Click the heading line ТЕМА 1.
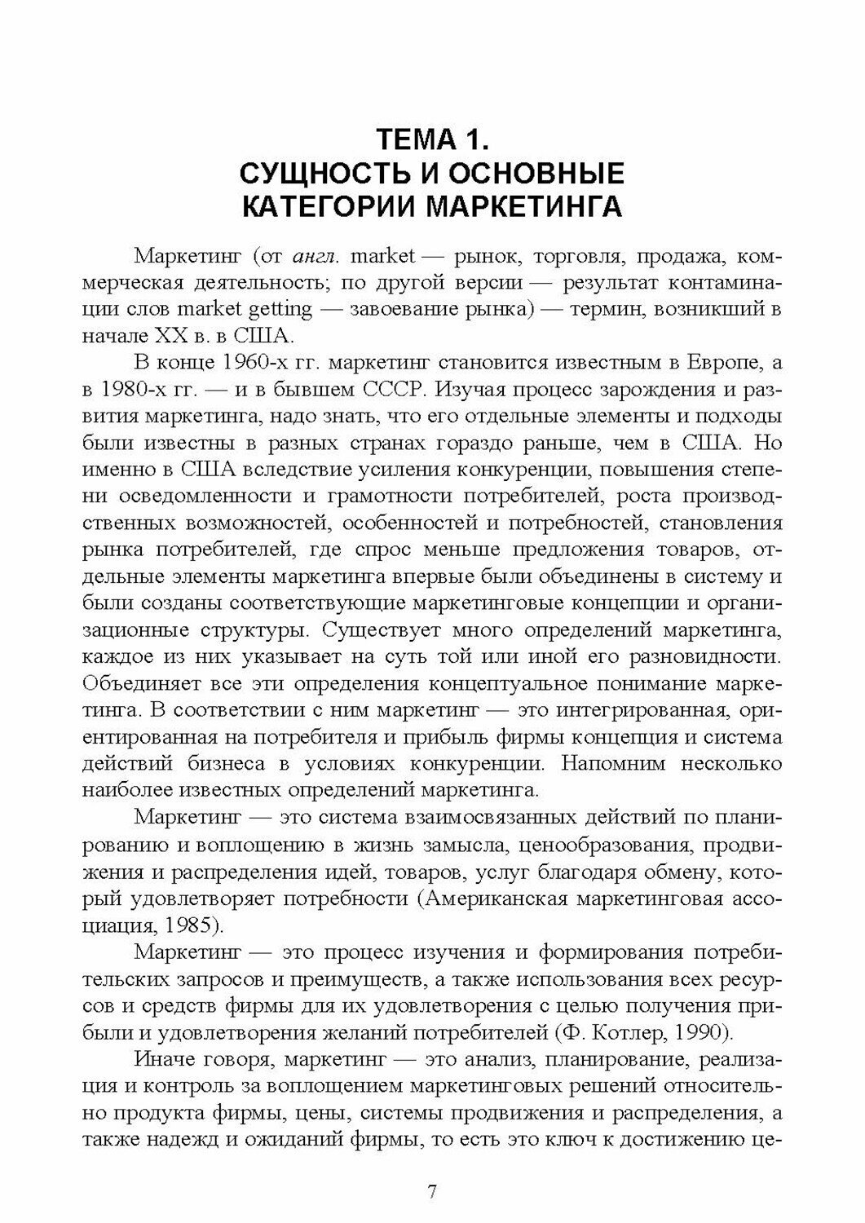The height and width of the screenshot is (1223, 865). tap(432, 140)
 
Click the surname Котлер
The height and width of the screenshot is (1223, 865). tap(626, 1033)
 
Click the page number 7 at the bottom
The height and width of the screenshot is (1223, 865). tap(432, 1191)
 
